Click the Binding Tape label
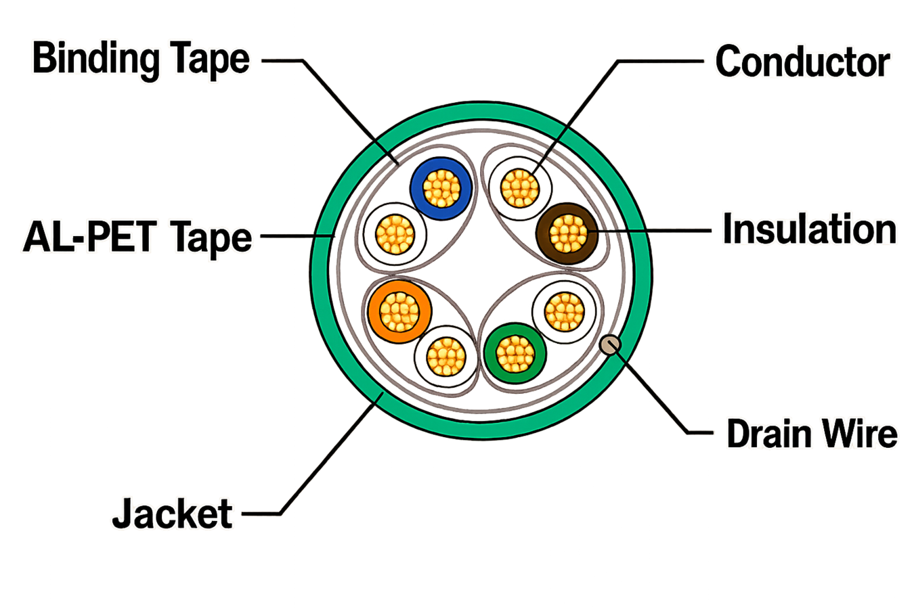click(141, 60)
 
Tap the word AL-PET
click(89, 236)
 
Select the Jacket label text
click(172, 513)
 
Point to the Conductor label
click(802, 62)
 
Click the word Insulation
click(810, 229)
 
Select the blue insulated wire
click(441, 188)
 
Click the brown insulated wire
click(567, 233)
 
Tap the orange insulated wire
click(399, 312)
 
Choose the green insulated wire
click(515, 353)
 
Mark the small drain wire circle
click(610, 344)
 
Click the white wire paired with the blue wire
click(395, 234)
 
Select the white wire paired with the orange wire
click(446, 357)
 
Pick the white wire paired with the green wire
click(565, 312)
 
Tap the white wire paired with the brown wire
click(520, 189)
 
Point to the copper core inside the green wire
click(515, 353)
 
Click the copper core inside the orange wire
click(399, 312)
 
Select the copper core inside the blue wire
click(441, 188)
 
